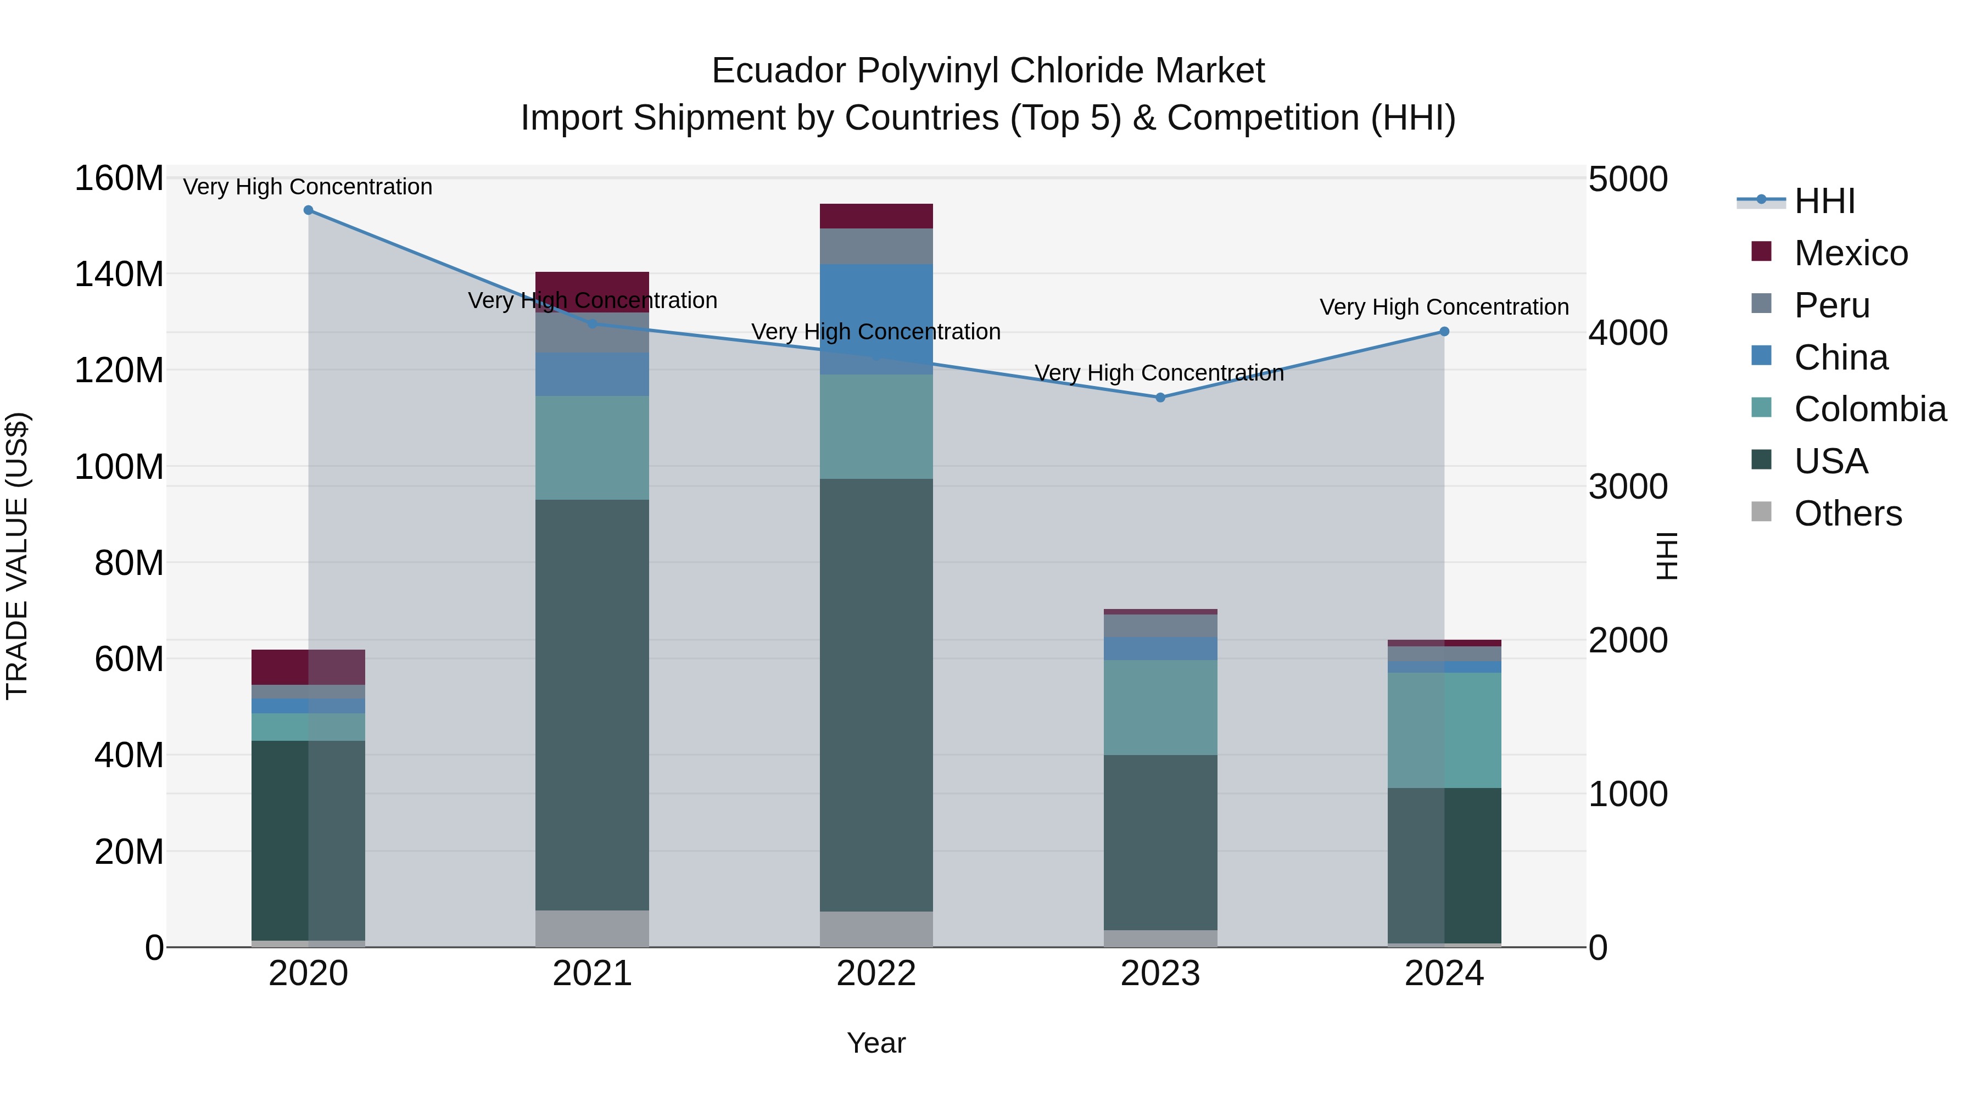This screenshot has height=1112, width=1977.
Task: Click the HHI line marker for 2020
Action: (x=309, y=210)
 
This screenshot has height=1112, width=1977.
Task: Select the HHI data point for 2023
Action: (x=1160, y=398)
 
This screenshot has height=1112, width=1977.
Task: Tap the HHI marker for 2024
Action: (x=1444, y=332)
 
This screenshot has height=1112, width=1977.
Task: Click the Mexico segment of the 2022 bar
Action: (x=876, y=216)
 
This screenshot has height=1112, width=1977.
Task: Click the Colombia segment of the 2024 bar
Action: (x=1444, y=730)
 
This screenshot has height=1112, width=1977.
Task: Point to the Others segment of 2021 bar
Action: (x=591, y=929)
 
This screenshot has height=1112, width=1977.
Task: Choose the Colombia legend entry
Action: (x=1869, y=409)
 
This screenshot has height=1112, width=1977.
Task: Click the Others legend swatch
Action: (x=1761, y=512)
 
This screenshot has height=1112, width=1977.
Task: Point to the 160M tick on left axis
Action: (x=119, y=179)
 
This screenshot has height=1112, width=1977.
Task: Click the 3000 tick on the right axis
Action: (x=1628, y=487)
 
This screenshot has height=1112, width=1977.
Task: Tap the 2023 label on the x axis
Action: (x=1160, y=974)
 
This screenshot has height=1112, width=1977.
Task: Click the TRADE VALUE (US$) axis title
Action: (x=17, y=556)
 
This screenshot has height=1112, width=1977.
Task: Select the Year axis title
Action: (x=876, y=1043)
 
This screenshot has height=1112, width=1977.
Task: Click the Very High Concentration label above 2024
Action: (x=1444, y=307)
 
